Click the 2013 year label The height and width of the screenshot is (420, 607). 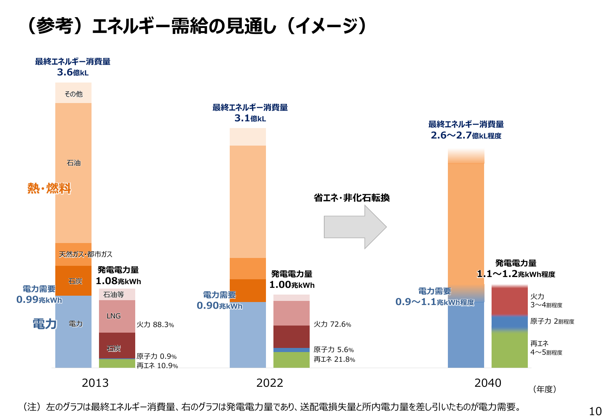(x=95, y=383)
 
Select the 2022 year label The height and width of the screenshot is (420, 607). (x=269, y=383)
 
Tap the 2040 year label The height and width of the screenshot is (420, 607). (x=487, y=383)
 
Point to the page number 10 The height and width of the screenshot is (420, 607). (x=595, y=411)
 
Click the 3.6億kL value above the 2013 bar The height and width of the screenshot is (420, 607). (x=72, y=72)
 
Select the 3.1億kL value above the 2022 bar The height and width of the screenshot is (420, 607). (x=250, y=118)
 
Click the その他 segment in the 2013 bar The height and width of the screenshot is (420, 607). (x=73, y=94)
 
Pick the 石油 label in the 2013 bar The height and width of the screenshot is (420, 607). (x=73, y=163)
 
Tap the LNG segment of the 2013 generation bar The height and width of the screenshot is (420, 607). (x=114, y=316)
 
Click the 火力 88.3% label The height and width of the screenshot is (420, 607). (x=155, y=324)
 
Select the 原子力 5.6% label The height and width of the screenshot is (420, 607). (x=333, y=349)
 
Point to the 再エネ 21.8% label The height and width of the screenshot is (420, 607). (x=334, y=359)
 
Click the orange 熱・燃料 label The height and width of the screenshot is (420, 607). (x=49, y=188)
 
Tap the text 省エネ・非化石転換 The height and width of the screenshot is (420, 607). (x=351, y=198)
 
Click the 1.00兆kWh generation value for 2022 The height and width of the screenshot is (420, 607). (x=292, y=285)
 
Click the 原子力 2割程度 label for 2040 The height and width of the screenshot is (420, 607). (x=552, y=321)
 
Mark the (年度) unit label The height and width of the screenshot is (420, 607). (x=545, y=389)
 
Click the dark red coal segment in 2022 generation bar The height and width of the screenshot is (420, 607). (x=291, y=336)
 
